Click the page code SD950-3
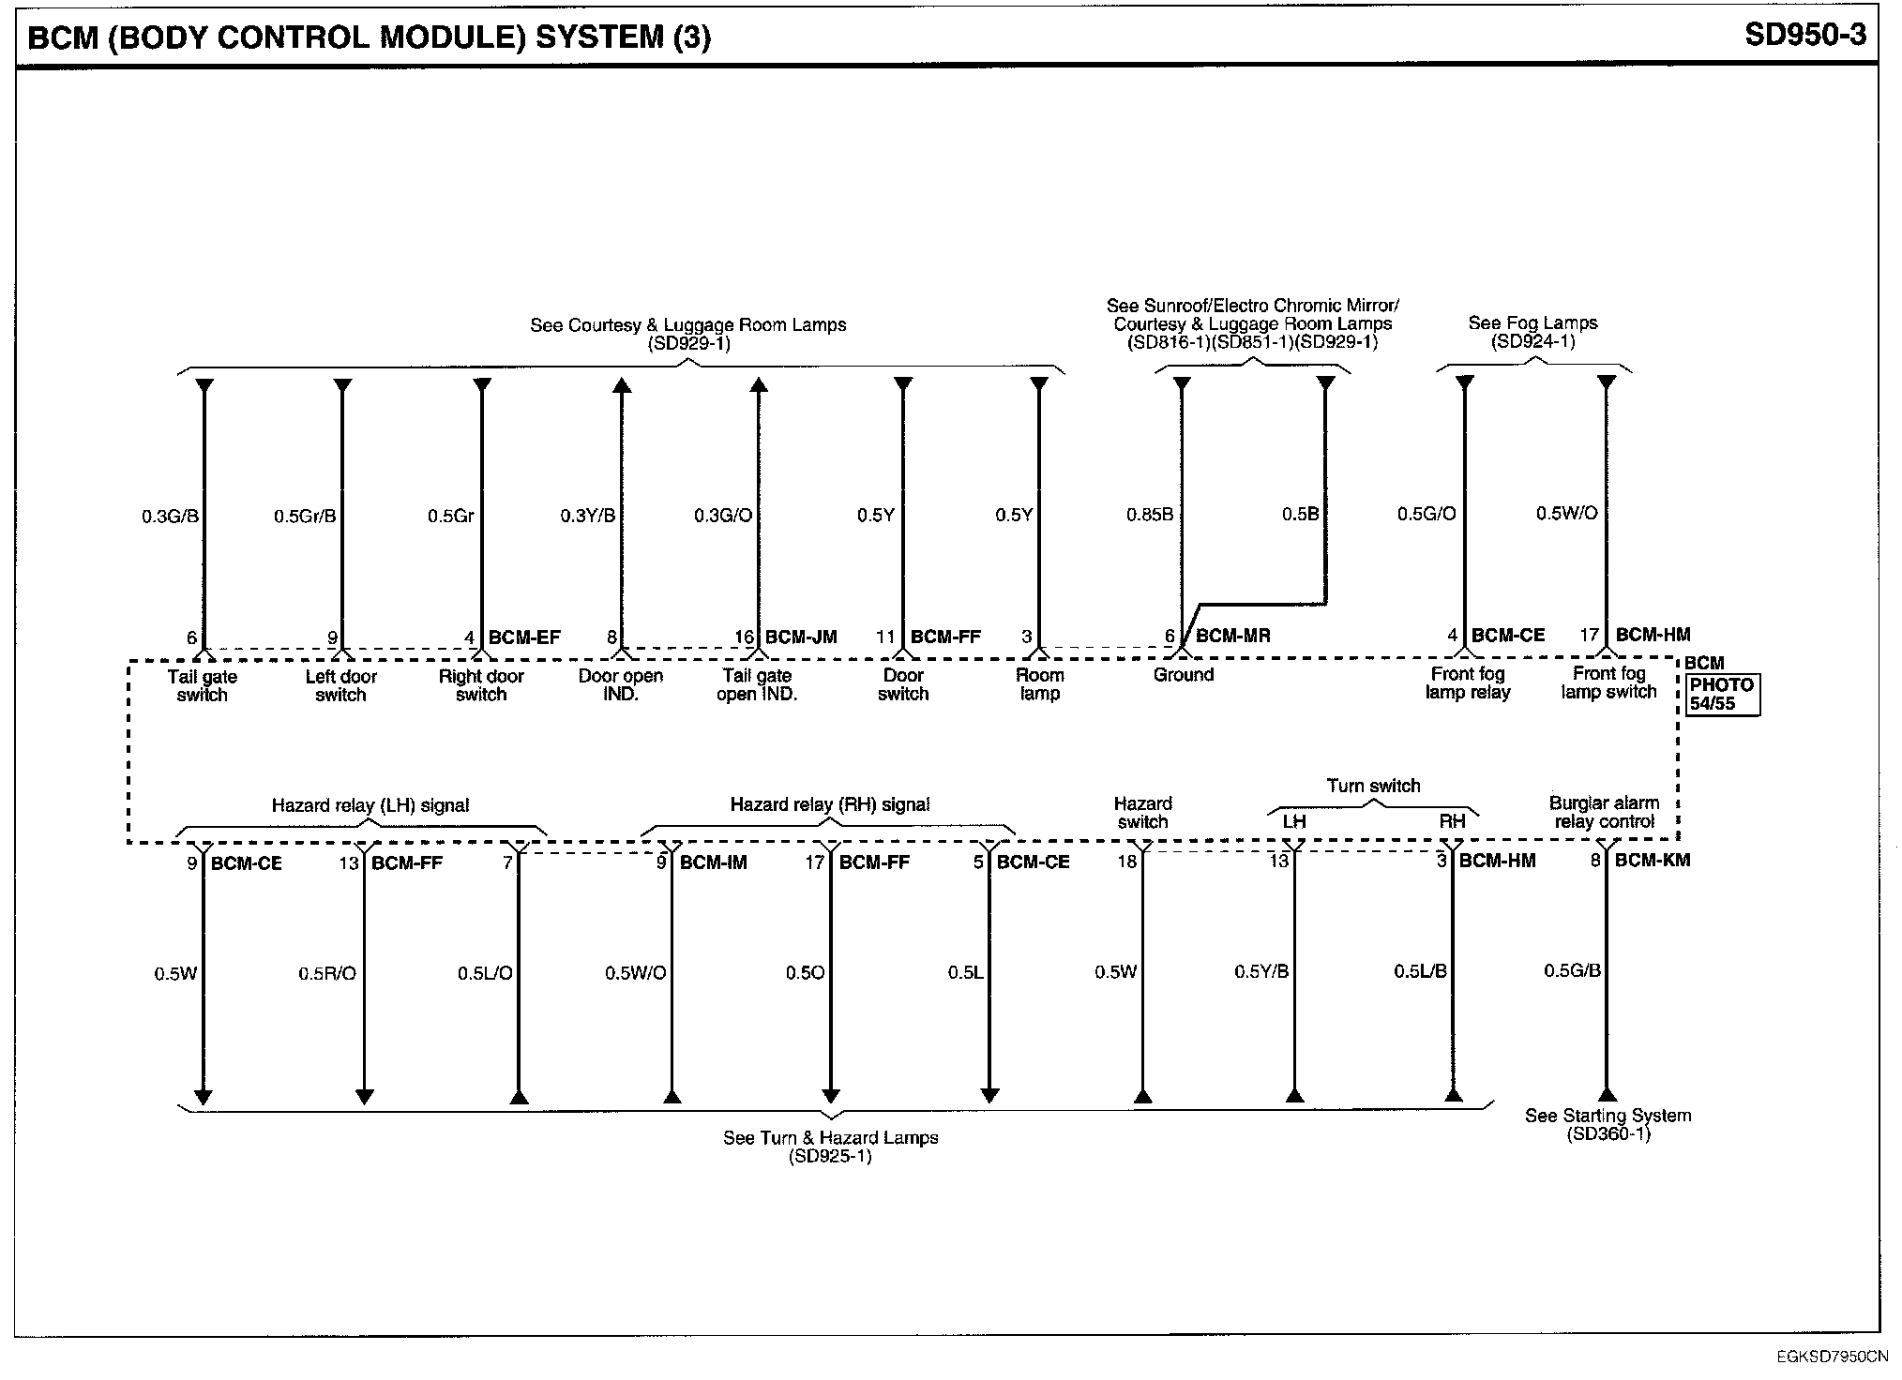pos(1804,36)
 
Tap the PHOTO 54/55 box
pos(1722,694)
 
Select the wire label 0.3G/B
pos(170,516)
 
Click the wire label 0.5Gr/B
pos(305,516)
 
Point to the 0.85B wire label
pos(1150,515)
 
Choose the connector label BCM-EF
pos(524,637)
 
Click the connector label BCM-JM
pos(801,637)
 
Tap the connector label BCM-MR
pos(1233,636)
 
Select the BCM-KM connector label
pos(1653,860)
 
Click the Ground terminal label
pos(1184,675)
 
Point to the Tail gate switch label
pos(203,685)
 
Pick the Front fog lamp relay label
pos(1468,683)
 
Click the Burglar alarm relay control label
pos(1604,812)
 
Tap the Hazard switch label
pos(1142,813)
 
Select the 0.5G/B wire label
pos(1572,970)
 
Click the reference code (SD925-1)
pos(830,1156)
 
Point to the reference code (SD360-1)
pos(1608,1133)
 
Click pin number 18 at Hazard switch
pos(1126,861)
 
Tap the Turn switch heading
pos(1373,786)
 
